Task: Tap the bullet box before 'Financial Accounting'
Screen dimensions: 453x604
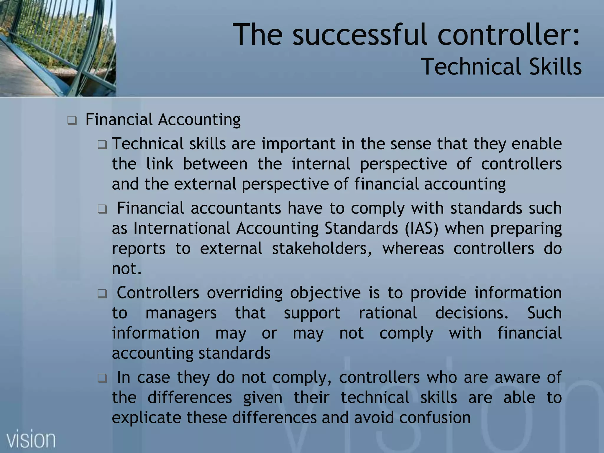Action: pos(72,120)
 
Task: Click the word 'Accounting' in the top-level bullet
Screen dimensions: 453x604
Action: pos(199,120)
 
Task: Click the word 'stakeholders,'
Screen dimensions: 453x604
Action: pos(322,248)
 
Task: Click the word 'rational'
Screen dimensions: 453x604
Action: pos(388,313)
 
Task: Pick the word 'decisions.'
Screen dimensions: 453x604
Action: pos(472,313)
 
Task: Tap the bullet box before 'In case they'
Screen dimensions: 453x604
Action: pos(102,378)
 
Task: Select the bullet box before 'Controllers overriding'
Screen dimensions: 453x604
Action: pos(102,293)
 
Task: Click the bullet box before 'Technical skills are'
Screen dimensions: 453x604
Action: pos(102,145)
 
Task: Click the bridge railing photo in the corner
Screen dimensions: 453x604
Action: pos(58,48)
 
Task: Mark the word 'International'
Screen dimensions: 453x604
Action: pos(182,228)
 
